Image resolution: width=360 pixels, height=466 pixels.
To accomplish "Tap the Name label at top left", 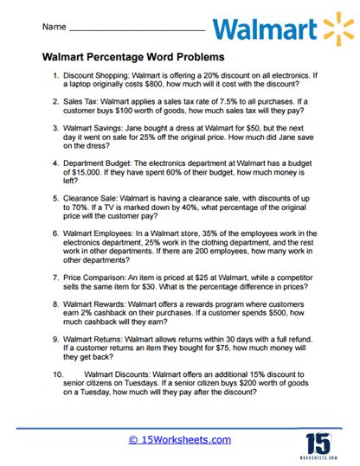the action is pyautogui.click(x=54, y=29).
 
